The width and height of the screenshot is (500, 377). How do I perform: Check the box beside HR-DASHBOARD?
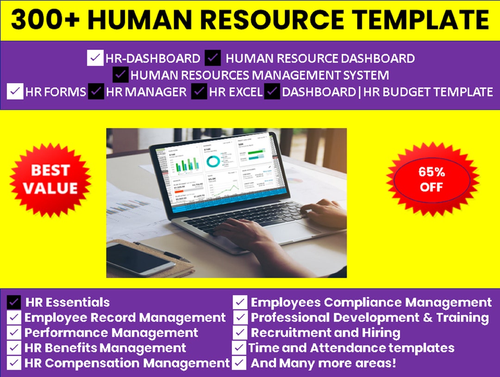pos(95,58)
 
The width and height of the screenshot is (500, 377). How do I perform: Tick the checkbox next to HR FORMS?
pos(15,91)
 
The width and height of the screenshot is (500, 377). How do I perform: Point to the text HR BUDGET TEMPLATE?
pos(428,92)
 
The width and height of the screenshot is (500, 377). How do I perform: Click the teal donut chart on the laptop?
pos(214,161)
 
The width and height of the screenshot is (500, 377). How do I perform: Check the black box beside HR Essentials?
pos(14,302)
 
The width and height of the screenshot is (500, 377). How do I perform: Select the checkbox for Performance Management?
pos(14,333)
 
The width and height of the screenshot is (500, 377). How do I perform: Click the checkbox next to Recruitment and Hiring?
pos(240,333)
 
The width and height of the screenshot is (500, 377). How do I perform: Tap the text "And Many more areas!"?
pos(323,363)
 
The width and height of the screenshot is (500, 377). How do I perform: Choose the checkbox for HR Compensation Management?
pos(14,363)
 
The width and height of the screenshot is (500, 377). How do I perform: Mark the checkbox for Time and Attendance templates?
pos(239,347)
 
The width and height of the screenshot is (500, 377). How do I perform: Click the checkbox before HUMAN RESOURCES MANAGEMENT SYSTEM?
pos(120,75)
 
